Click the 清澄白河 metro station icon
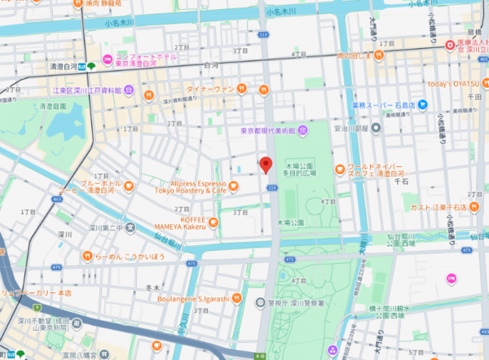(x=92, y=66)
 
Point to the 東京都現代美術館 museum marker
(x=302, y=130)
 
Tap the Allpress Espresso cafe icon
(x=234, y=187)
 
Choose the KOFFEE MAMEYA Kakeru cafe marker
(x=214, y=222)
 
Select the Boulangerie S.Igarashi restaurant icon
(x=236, y=298)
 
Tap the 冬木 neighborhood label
(x=154, y=288)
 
